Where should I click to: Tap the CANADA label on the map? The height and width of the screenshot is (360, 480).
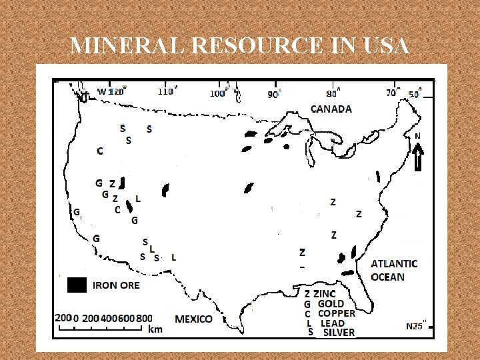pyautogui.click(x=331, y=109)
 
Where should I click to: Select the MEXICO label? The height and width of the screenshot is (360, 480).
pyautogui.click(x=193, y=319)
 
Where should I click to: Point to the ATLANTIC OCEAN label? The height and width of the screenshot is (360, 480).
pyautogui.click(x=394, y=270)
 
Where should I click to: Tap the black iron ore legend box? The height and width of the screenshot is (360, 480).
pyautogui.click(x=77, y=285)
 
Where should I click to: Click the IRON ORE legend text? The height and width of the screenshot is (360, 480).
pyautogui.click(x=117, y=285)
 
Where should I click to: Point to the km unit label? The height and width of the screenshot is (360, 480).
pyautogui.click(x=155, y=329)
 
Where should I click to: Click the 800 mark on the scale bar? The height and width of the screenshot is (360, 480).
pyautogui.click(x=143, y=318)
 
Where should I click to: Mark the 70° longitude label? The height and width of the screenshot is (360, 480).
pyautogui.click(x=391, y=93)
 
